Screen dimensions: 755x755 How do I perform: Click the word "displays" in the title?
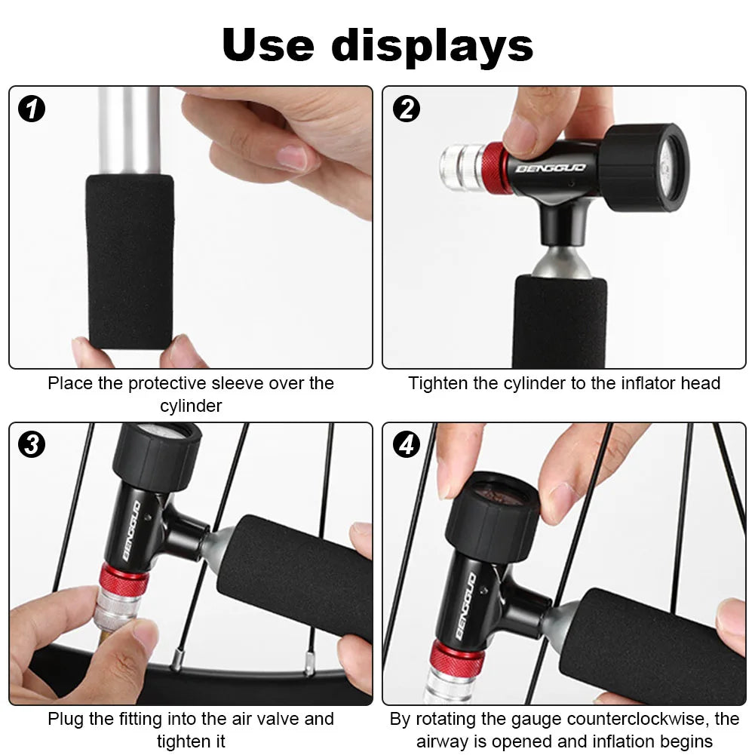pos(432,46)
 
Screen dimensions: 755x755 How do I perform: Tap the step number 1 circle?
pos(32,109)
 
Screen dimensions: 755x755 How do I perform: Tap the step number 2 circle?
pos(407,109)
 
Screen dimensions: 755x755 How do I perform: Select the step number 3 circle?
pos(32,444)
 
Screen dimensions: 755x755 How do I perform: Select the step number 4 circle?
pos(407,444)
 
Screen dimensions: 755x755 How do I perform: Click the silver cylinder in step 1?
pos(129,130)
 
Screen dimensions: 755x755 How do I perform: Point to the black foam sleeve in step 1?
pos(130,262)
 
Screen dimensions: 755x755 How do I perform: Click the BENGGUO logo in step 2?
pos(551,168)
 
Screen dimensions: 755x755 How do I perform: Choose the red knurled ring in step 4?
pos(455,657)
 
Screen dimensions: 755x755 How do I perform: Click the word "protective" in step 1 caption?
pos(167,383)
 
